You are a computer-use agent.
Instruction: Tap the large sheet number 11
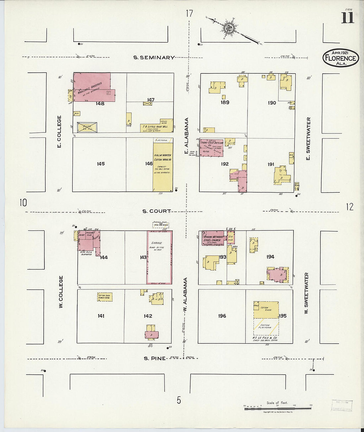(x=347, y=18)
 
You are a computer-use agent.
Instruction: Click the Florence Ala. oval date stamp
(x=341, y=58)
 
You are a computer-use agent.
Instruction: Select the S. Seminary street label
(x=154, y=58)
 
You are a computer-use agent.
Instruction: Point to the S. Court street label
(x=157, y=211)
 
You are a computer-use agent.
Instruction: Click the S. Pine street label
(x=155, y=358)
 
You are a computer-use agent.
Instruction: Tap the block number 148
(x=100, y=104)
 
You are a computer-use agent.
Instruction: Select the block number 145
(x=101, y=164)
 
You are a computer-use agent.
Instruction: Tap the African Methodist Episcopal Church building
(x=213, y=238)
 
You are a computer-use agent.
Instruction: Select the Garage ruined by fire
(x=159, y=258)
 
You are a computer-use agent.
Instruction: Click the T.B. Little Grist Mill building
(x=157, y=126)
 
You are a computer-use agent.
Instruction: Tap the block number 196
(x=222, y=316)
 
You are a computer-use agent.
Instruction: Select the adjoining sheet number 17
(x=189, y=14)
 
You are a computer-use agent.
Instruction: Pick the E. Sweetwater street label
(x=308, y=138)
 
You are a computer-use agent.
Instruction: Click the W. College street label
(x=61, y=292)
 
